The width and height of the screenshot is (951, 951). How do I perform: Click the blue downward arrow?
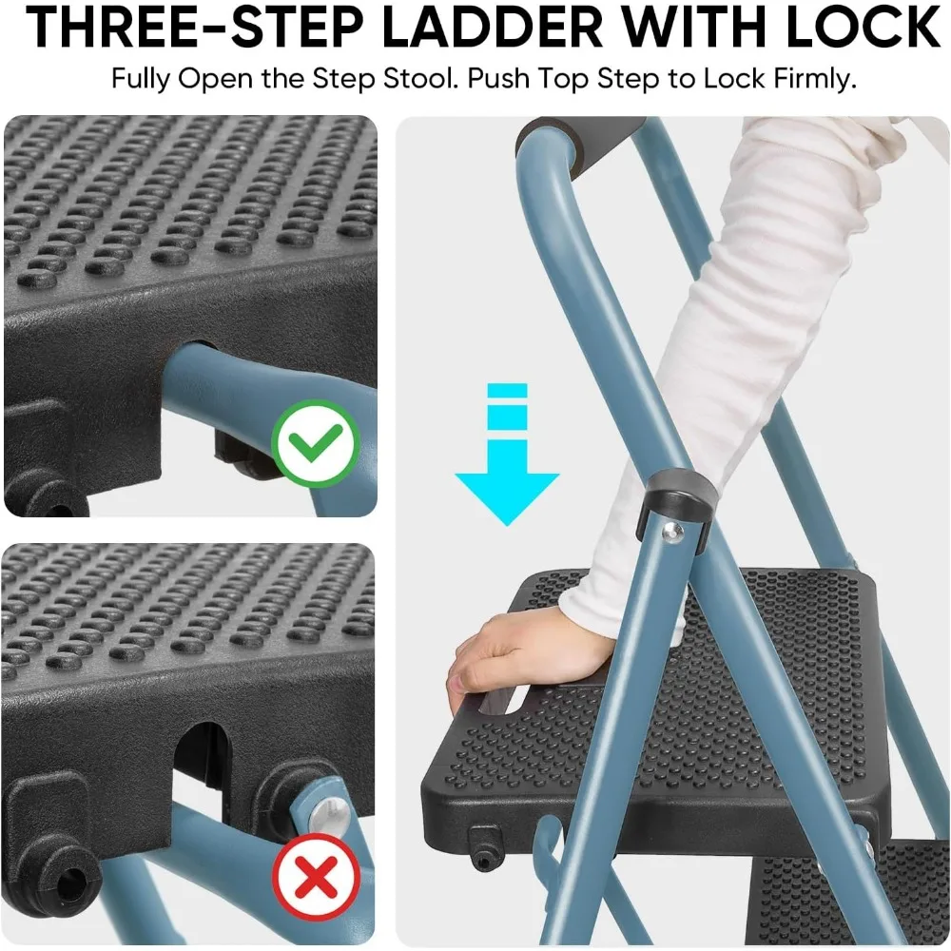[506, 456]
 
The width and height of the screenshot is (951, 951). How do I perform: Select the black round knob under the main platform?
[482, 842]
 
